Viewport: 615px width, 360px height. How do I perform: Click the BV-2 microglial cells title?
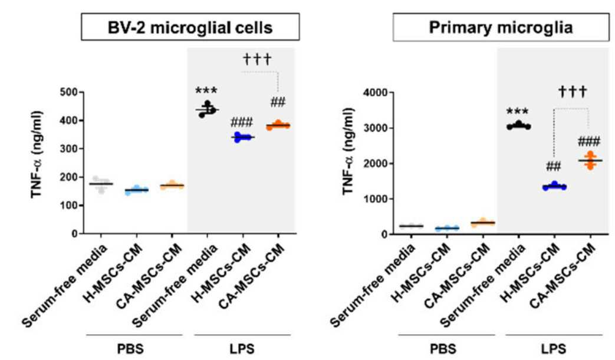[190, 28]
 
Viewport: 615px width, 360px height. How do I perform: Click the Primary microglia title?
[501, 28]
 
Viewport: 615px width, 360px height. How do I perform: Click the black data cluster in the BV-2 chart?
[207, 109]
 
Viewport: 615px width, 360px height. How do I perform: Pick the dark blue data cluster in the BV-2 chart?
[243, 137]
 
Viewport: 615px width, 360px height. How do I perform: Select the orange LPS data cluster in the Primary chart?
[590, 160]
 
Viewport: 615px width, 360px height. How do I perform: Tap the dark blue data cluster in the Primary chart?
[554, 186]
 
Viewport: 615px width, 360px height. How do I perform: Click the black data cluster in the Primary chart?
[518, 125]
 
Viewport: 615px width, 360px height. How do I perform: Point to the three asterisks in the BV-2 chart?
[206, 91]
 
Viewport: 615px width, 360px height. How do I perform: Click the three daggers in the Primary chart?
[573, 92]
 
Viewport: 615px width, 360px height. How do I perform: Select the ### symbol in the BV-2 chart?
[242, 123]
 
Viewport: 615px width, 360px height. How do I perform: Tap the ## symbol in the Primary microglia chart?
[554, 167]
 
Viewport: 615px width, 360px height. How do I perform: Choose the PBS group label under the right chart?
[443, 348]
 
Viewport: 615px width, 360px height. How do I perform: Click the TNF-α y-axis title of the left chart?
[37, 155]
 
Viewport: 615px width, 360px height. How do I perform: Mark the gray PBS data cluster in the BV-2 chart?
[101, 184]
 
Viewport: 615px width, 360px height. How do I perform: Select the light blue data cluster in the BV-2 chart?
[136, 190]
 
